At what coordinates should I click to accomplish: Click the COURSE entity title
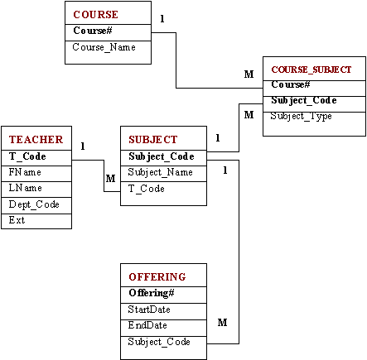95,14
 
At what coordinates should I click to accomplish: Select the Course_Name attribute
104,47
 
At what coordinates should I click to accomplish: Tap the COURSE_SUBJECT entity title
311,70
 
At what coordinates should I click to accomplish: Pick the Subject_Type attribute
301,116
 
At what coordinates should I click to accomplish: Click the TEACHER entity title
36,140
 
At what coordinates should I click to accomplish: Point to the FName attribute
25,172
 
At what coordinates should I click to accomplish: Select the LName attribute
25,188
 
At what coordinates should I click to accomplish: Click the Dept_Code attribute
34,204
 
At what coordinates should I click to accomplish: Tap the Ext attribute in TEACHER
17,220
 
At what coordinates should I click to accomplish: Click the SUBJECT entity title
153,140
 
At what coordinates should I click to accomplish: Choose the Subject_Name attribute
160,172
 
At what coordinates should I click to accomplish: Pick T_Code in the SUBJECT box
147,189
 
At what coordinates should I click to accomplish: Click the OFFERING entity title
157,277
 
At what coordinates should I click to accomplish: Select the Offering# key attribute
152,293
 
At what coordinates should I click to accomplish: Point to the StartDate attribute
149,310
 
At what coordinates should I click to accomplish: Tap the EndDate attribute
147,325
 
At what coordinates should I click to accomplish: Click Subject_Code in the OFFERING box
159,342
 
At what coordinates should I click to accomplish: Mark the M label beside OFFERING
222,322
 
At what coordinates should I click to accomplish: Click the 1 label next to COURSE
162,19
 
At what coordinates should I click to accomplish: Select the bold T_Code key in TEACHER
27,156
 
